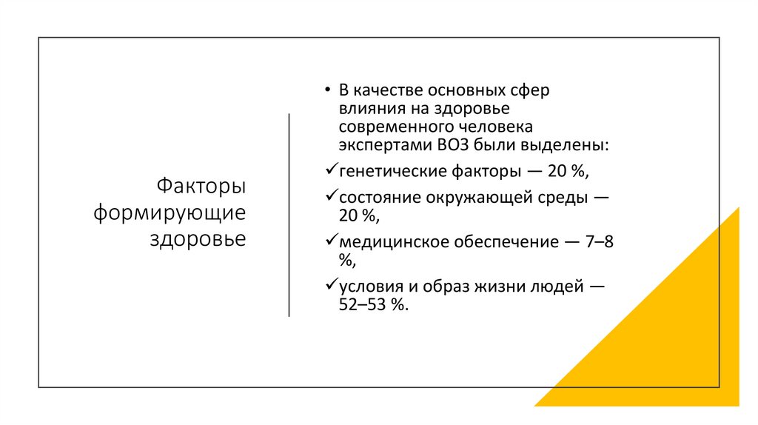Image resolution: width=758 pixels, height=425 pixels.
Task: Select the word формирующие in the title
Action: click(170, 212)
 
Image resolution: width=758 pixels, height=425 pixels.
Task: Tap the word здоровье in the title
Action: click(198, 239)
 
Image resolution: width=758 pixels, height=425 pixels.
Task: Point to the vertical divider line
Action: click(289, 215)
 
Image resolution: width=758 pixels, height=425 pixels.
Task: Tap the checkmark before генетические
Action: click(331, 170)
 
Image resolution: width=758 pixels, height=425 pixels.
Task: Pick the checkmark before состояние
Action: click(331, 197)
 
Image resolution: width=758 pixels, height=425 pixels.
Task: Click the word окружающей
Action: click(470, 198)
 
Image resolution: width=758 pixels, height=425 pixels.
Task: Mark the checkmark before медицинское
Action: click(331, 241)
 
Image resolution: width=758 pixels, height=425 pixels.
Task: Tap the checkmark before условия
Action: click(331, 284)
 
